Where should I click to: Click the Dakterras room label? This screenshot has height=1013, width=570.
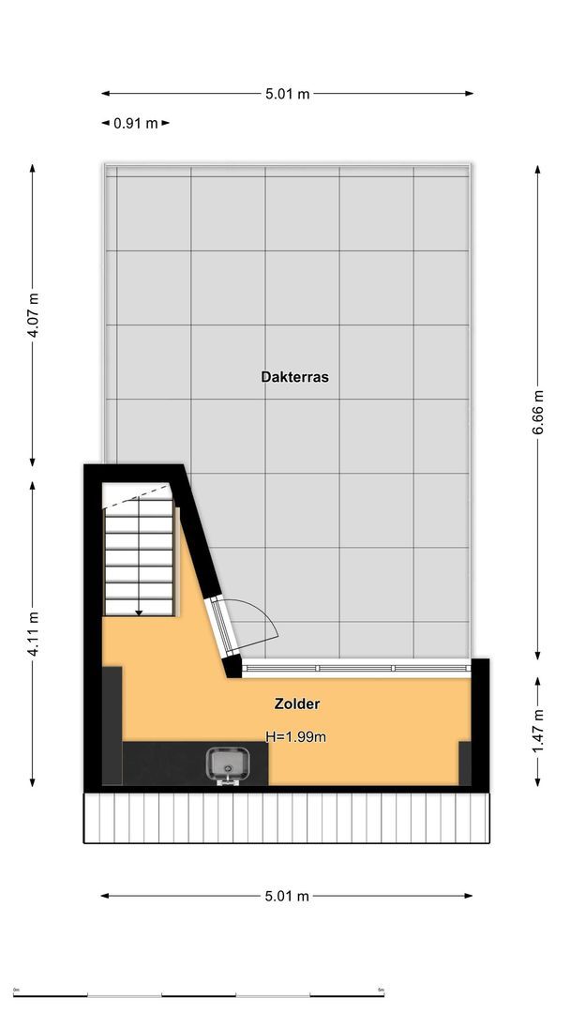[x=294, y=377]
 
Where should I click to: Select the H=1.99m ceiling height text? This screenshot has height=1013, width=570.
[x=295, y=737]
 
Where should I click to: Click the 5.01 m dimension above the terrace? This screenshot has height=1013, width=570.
[x=287, y=93]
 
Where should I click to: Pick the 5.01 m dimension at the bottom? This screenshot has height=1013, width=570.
[x=287, y=896]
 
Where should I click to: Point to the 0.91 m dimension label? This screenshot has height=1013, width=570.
[x=135, y=123]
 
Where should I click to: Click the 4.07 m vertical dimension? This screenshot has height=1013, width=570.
[x=33, y=316]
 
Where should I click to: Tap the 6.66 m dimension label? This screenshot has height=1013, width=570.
[x=538, y=412]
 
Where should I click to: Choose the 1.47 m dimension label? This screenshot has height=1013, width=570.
[x=538, y=733]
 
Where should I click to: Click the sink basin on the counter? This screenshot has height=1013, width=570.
[x=225, y=764]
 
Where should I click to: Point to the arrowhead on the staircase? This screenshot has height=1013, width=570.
[x=139, y=612]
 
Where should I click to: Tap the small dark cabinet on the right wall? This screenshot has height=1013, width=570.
[x=464, y=763]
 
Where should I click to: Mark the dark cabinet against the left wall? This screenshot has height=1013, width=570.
[x=112, y=724]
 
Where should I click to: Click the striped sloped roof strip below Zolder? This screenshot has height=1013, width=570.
[x=287, y=818]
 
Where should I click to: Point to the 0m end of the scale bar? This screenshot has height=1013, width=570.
[x=16, y=992]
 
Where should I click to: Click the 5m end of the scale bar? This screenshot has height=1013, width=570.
[x=382, y=992]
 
